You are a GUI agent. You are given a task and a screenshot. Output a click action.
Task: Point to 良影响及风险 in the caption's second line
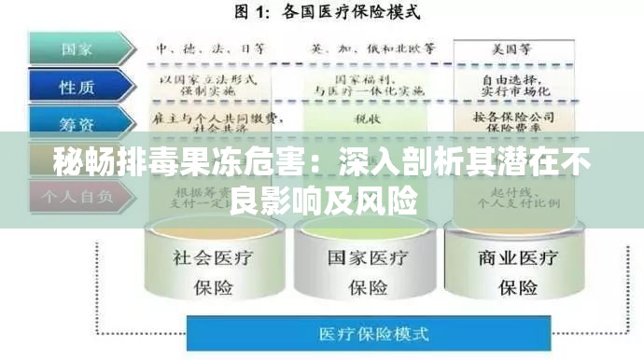pyautogui.click(x=322, y=199)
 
